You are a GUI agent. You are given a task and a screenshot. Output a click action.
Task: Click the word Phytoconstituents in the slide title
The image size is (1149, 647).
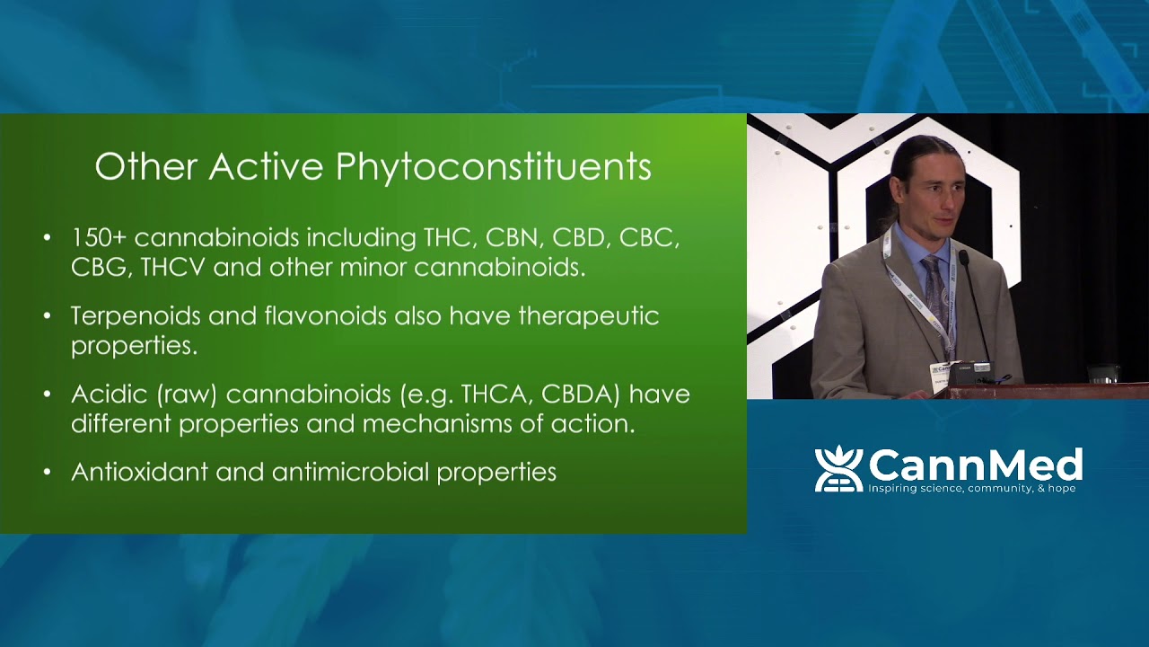[494, 168]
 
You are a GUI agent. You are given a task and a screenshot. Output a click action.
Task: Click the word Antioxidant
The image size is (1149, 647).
[139, 472]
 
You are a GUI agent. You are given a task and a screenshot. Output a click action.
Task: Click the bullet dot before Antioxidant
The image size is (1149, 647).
[48, 473]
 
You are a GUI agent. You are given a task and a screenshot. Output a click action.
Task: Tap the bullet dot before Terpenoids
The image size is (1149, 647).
[48, 317]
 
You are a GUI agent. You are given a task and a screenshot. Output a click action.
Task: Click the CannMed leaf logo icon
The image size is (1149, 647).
[838, 469]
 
